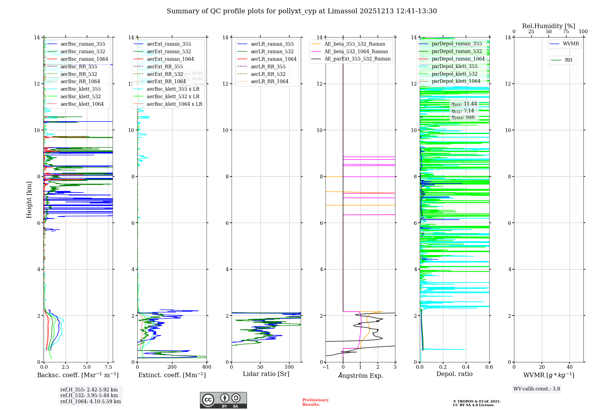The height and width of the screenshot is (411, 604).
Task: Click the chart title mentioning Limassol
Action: (302, 11)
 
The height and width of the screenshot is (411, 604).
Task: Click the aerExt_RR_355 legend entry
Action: (165, 66)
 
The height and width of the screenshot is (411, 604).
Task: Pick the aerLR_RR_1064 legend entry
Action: (269, 81)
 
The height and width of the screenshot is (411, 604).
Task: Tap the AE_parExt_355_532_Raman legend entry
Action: (357, 59)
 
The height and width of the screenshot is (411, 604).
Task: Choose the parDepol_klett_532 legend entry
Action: (455, 74)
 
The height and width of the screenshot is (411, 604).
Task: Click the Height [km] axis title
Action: (29, 199)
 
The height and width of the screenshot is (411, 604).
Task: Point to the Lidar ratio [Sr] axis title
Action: (266, 374)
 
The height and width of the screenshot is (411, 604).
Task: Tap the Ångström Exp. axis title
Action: (360, 375)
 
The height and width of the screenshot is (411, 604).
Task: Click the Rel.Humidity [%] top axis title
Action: (548, 26)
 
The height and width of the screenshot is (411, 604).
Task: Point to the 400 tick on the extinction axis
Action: (207, 367)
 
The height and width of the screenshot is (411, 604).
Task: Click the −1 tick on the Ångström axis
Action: (326, 367)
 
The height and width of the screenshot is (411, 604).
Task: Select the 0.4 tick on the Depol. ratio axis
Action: (466, 367)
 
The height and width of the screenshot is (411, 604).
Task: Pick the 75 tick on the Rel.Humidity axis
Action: (566, 31)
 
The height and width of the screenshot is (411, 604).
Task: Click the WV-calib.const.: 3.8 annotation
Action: (536, 389)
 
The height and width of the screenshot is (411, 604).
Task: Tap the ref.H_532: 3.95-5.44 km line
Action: (89, 396)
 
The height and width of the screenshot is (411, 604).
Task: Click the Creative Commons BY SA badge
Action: (223, 400)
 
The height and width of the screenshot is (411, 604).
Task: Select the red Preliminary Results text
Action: (315, 402)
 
